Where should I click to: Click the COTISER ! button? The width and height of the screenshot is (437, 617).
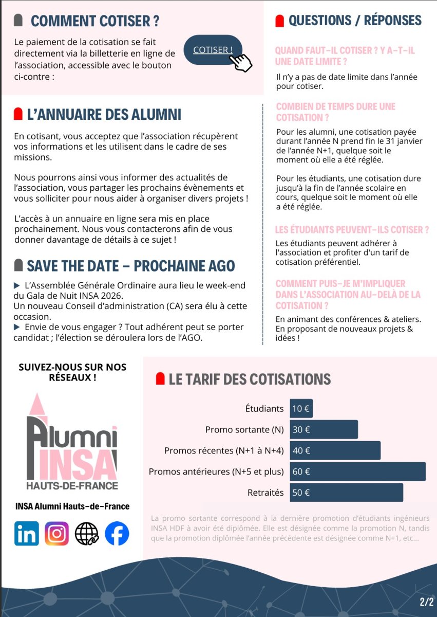point(212,50)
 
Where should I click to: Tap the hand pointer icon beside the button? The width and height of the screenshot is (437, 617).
point(241,63)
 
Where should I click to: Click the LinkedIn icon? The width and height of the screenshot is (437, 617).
point(27,533)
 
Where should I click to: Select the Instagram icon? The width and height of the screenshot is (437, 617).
point(56,533)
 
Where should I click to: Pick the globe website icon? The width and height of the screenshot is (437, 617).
point(86,533)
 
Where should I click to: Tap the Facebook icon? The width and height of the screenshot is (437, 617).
point(117,533)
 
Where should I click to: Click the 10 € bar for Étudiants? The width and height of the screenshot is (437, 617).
point(301,409)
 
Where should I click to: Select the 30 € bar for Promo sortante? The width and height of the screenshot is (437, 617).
point(324,429)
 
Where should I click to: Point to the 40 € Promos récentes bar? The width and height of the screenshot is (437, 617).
point(335,450)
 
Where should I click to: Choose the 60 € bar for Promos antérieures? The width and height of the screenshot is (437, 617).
point(357,471)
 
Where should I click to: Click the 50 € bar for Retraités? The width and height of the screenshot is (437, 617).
point(346,492)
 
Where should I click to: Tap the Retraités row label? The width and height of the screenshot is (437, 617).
point(265,493)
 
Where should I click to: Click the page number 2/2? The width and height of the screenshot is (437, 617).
point(426,601)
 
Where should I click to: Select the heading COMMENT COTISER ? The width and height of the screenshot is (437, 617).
point(95,21)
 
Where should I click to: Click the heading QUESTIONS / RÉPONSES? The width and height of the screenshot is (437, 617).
point(355,21)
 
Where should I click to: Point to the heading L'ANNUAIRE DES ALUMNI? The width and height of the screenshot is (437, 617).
point(104,114)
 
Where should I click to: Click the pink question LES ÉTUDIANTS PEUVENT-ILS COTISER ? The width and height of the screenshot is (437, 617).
point(352,230)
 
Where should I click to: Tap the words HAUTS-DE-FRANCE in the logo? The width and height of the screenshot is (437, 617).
point(72,485)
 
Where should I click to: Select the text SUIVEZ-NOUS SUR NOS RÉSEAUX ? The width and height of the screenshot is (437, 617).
point(72,372)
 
